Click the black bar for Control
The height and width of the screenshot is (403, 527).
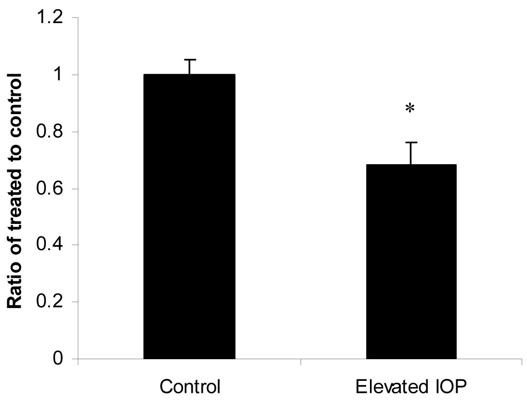[189, 217]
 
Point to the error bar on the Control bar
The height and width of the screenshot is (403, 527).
[190, 66]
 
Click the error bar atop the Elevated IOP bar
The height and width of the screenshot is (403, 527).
[411, 153]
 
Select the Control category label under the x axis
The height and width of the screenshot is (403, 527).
[190, 387]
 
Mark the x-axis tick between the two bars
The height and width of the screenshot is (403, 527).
[301, 362]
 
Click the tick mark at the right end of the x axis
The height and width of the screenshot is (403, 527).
[522, 362]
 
